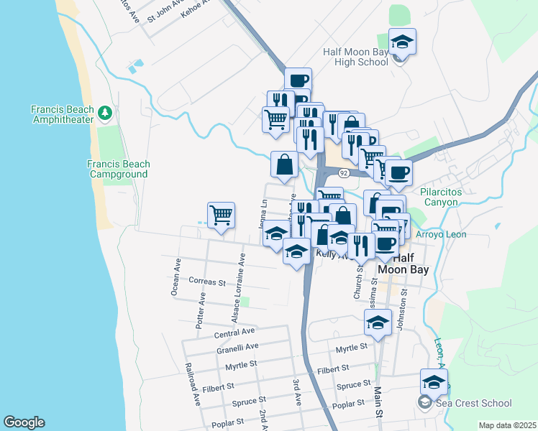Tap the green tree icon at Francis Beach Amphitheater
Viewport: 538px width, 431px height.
[105, 112]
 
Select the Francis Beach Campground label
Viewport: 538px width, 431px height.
[118, 169]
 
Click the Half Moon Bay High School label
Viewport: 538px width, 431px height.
[356, 57]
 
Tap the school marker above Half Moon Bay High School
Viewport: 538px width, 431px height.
[402, 42]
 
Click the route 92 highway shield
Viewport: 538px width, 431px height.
[345, 173]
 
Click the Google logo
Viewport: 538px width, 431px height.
[24, 422]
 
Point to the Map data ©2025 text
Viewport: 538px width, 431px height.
[507, 425]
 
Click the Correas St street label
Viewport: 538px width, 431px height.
[207, 282]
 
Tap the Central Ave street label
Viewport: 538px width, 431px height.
[234, 333]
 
